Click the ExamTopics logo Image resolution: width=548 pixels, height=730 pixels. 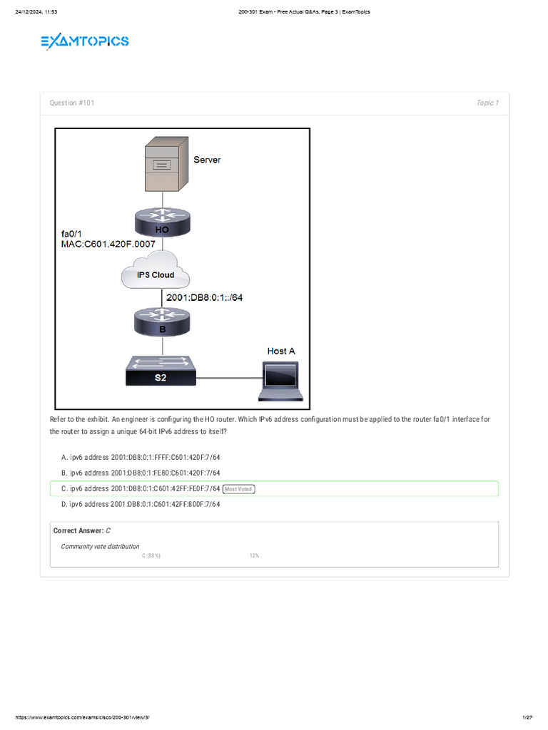[85, 42]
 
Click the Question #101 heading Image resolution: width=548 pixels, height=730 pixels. [72, 103]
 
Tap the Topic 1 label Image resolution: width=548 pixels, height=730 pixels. [487, 103]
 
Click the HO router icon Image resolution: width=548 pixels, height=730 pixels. [163, 221]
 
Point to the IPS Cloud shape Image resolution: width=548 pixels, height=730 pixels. [156, 273]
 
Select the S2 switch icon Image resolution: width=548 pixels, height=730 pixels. [161, 371]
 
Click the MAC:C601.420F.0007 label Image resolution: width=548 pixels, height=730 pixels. [108, 245]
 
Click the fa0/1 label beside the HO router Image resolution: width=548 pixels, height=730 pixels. [73, 233]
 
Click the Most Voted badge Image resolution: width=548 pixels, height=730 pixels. [239, 489]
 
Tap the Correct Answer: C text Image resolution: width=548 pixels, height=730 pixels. [82, 531]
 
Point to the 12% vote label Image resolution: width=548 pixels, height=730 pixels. [254, 555]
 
